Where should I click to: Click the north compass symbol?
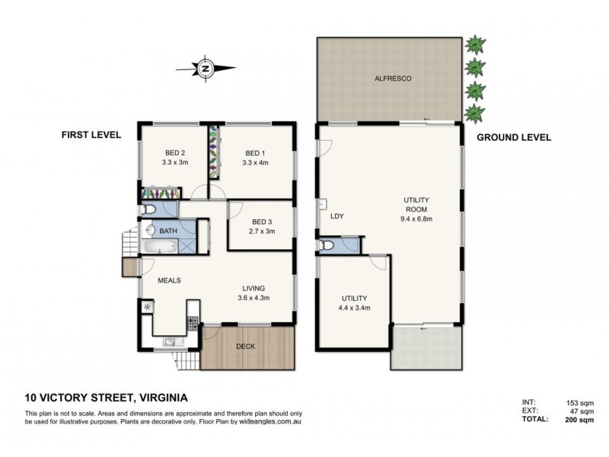point(206,68)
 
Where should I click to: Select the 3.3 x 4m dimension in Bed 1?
point(253,162)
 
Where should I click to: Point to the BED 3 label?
point(261,220)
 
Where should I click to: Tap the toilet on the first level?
point(149,209)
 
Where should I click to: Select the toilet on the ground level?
point(328,245)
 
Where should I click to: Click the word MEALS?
point(168,280)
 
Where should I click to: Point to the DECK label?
point(245,347)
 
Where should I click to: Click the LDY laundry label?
point(337,216)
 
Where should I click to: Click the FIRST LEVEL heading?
point(91,135)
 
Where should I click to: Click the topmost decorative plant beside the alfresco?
point(476,43)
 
